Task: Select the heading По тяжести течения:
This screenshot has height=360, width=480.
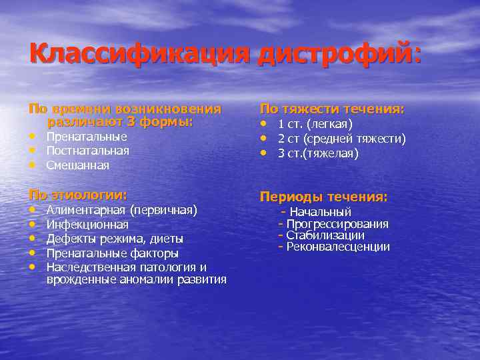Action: click(x=332, y=109)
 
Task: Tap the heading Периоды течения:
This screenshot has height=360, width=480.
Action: click(x=323, y=197)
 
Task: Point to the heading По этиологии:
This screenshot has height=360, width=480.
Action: click(x=77, y=195)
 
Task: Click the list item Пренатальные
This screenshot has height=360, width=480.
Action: click(x=87, y=137)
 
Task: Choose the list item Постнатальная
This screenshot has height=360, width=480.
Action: click(x=88, y=151)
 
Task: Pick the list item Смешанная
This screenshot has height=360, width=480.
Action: click(x=78, y=165)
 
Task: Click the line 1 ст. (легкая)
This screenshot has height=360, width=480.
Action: click(x=315, y=124)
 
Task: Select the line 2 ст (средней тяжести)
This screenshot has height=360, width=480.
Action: click(x=341, y=139)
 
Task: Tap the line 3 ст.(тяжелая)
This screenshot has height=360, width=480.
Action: click(x=318, y=153)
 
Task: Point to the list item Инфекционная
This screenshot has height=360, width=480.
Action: click(x=87, y=225)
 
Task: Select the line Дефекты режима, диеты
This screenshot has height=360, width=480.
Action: click(x=115, y=239)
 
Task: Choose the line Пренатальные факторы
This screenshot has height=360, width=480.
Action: click(x=113, y=253)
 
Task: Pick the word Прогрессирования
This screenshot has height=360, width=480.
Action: click(x=337, y=224)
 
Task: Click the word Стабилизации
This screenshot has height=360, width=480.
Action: click(x=325, y=235)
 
